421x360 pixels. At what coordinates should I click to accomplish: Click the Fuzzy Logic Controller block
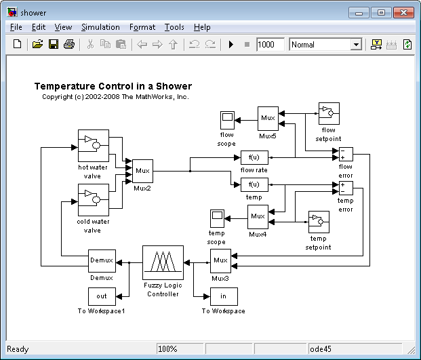click(163, 262)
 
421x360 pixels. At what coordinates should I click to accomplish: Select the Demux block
click(102, 261)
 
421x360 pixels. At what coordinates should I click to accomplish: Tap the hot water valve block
click(94, 146)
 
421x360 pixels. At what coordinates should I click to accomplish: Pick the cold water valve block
click(94, 200)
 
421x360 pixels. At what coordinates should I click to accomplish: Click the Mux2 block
click(142, 171)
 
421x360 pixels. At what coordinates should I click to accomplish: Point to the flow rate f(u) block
click(254, 157)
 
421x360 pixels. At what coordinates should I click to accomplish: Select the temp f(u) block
click(254, 184)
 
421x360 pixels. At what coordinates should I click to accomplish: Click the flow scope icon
click(227, 120)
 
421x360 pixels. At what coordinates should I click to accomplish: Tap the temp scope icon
click(217, 219)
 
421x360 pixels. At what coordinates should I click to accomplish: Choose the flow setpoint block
click(329, 113)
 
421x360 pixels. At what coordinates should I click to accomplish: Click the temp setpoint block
click(319, 222)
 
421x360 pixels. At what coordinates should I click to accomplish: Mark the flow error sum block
click(346, 154)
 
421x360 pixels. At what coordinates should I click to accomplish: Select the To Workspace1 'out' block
click(102, 296)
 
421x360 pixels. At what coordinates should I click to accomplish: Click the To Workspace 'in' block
click(224, 296)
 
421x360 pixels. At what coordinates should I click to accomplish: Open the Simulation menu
click(100, 27)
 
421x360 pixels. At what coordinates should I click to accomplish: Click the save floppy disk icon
click(54, 44)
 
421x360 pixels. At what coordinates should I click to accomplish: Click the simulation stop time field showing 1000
click(270, 44)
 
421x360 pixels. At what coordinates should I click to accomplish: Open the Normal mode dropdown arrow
click(357, 45)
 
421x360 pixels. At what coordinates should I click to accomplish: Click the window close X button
click(403, 13)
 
